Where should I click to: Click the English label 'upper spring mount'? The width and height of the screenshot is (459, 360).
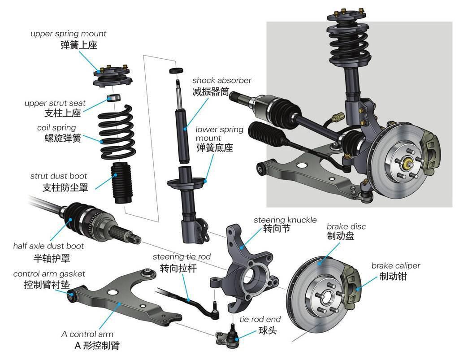68,34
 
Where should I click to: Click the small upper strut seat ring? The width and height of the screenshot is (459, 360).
114,97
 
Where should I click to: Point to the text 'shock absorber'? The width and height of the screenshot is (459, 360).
221,80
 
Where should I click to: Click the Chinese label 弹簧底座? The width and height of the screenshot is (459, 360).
215,147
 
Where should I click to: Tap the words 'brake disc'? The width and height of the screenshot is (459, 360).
346,226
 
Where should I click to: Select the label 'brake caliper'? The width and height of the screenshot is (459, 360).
395,265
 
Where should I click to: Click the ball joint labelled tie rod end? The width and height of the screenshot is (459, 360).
228,335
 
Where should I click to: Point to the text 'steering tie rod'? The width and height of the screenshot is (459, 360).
182,257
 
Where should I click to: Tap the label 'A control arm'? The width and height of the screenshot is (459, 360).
87,334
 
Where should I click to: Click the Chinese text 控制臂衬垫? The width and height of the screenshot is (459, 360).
47,285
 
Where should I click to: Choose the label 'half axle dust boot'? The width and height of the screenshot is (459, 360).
48,246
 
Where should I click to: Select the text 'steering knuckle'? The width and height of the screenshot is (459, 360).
285,220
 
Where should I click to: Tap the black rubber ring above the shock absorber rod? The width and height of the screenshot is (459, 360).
176,70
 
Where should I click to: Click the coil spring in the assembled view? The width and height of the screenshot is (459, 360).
348,45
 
